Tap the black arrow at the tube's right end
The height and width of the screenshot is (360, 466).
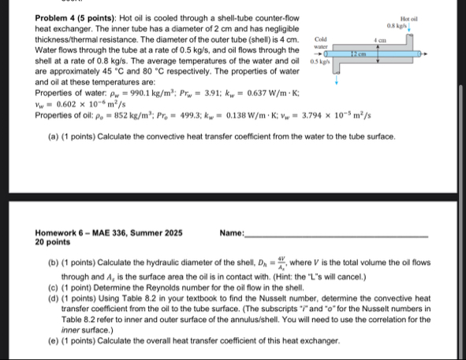(x=427, y=55)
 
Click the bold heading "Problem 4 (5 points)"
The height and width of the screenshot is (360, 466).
(x=78, y=17)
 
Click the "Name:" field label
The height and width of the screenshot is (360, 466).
(x=233, y=233)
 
